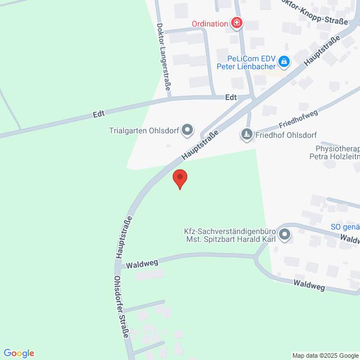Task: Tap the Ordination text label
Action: click(x=209, y=23)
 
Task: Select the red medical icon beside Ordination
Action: click(x=237, y=23)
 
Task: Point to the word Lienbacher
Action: click(x=256, y=66)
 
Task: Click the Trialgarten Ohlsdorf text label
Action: click(x=143, y=131)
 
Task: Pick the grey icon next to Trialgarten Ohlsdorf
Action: click(x=188, y=131)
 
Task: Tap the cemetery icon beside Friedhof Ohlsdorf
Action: click(x=246, y=134)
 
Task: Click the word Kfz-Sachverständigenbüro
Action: click(x=229, y=231)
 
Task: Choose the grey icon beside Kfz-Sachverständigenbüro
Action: click(x=285, y=235)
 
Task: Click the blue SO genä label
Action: click(x=345, y=227)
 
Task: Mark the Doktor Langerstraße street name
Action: click(x=164, y=57)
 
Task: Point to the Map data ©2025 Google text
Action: click(x=325, y=355)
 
